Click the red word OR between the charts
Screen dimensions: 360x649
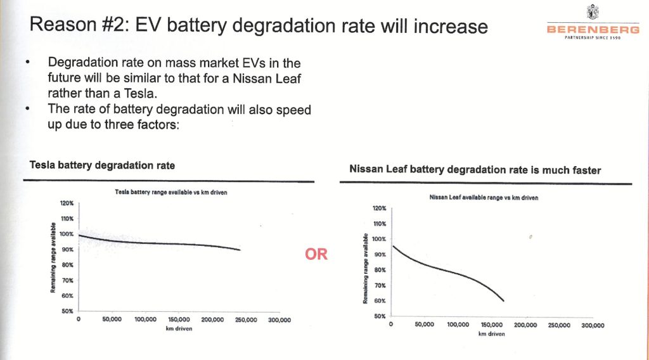pos(316,255)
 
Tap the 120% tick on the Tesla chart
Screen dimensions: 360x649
pos(67,203)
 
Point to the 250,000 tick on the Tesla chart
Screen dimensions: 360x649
pos(245,320)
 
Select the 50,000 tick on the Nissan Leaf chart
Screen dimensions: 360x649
pos(424,325)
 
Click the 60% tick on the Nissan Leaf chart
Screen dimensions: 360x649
pos(379,300)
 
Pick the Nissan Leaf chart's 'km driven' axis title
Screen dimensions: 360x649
pos(491,333)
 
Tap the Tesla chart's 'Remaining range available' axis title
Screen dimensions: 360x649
pos(55,257)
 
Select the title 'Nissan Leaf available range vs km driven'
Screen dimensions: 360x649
pos(484,198)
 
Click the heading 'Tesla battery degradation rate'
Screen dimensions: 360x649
pos(103,165)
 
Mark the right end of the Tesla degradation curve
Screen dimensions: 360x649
pos(240,250)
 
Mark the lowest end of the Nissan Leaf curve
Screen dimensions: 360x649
pos(503,300)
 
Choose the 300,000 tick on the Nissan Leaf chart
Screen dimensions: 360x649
pos(591,325)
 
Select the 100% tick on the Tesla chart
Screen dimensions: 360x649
pos(67,234)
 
